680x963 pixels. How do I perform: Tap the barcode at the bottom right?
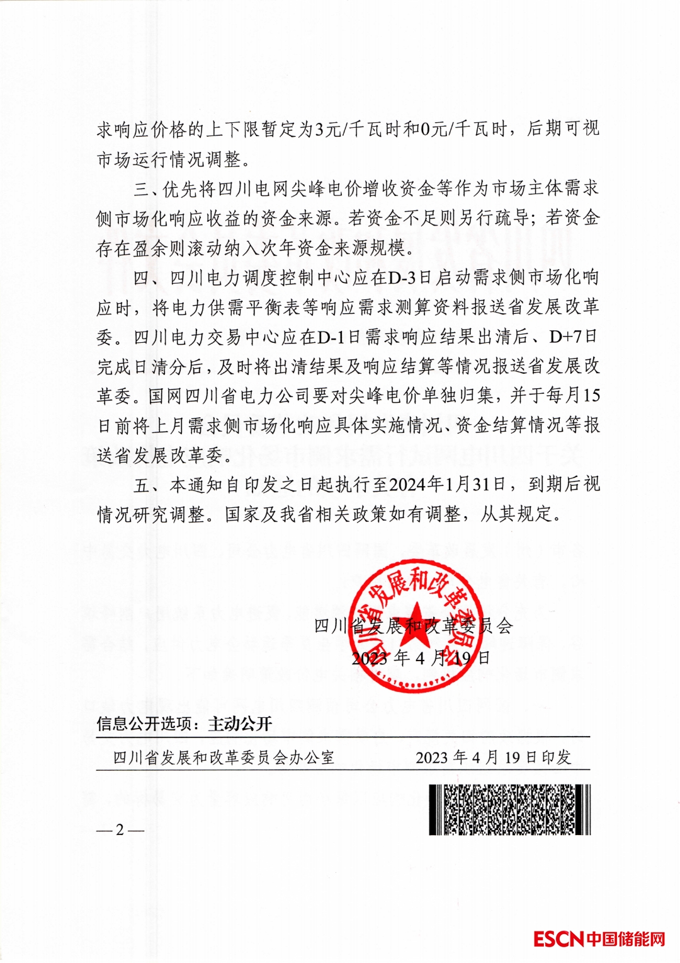coord(509,810)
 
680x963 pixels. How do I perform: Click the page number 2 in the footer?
coord(120,830)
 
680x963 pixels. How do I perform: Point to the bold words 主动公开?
coord(240,724)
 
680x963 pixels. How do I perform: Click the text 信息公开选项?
coord(144,724)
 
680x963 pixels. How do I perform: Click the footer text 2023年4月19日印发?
coord(493,757)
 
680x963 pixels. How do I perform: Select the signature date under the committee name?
coord(421,658)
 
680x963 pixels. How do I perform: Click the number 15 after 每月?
coord(591,395)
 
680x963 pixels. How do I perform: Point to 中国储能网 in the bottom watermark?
coord(626,939)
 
